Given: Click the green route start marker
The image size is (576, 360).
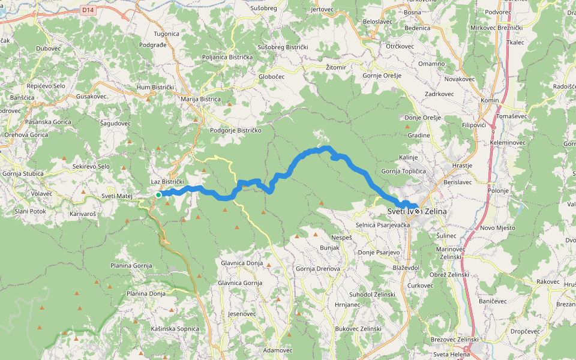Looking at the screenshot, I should pos(158,194).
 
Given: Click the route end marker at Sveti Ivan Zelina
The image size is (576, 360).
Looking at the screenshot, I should pos(417,211).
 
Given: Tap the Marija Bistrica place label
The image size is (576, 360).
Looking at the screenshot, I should pos(200,99).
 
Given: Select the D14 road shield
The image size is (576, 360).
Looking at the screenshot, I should pos(88,10).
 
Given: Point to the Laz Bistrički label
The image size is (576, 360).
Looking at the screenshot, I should pos(167,181).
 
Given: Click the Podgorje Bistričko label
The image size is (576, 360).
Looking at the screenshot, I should pos(236,130).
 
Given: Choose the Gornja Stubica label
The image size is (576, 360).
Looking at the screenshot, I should pos(21,174).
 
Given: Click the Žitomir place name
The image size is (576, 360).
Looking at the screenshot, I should pos(336,67).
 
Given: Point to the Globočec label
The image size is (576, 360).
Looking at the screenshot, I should pos(271,76).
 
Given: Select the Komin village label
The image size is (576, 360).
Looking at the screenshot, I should pos(490,100).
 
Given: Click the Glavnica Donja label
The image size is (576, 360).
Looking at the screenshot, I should pos(242,263).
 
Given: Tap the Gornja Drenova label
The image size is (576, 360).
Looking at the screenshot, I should pos(318,269).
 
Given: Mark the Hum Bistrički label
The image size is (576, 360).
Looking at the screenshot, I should pos(155,87).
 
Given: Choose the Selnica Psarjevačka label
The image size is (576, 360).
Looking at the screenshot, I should pos(383,224).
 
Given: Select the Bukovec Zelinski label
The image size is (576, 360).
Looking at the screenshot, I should pos(358,329).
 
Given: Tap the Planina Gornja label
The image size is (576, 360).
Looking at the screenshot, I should pos(131,265).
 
